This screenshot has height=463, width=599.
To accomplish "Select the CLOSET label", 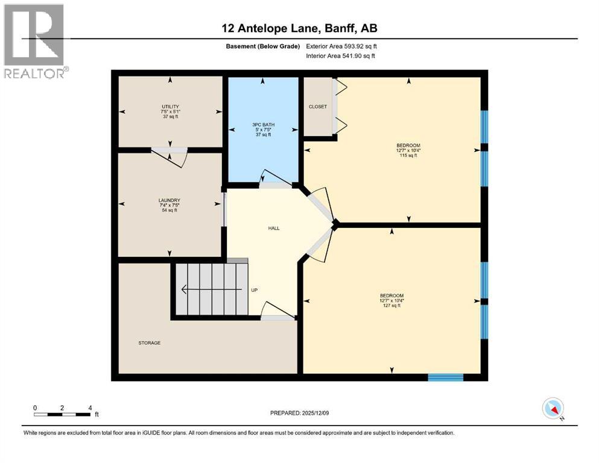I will pos(317,107).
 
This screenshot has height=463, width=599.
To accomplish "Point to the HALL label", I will pos(274,228).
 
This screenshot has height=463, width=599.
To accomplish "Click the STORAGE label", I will pos(149,342).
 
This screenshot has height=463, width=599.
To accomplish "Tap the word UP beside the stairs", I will pos(254,290).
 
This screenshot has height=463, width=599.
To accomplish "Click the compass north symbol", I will pos(553,409).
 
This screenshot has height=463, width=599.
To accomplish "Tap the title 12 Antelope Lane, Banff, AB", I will pos(299,28).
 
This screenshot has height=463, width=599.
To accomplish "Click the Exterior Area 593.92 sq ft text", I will pos(343,46).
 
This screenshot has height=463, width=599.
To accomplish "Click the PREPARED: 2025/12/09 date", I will pos(300,413).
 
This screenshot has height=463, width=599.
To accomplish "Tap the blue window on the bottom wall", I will pos(445,377).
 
